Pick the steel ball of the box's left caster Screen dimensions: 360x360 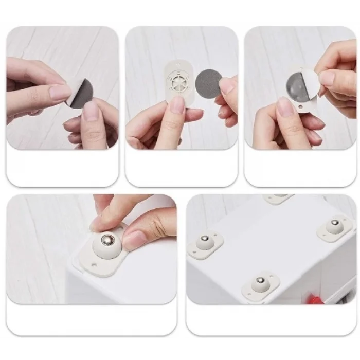204,239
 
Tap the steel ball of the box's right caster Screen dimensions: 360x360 335,223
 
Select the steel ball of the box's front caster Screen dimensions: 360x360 260,281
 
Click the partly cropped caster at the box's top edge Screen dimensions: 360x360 278,198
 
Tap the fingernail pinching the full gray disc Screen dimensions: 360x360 225,86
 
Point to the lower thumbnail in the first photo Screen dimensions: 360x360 91,110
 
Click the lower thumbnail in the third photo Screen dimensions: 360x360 284,107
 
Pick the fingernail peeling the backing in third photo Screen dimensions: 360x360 326,78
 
